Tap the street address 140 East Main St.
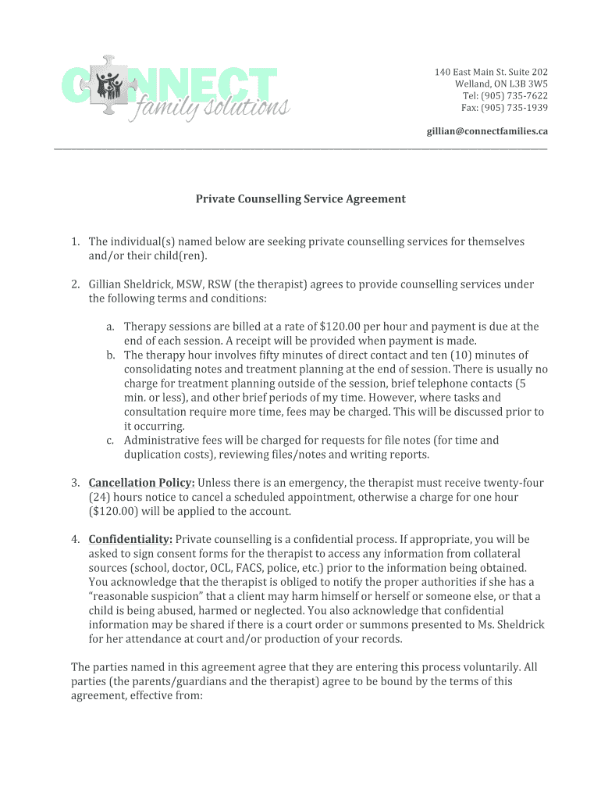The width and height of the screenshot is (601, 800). [468, 72]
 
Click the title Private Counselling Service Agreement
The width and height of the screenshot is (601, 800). [300, 199]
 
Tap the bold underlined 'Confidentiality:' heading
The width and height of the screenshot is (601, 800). [130, 539]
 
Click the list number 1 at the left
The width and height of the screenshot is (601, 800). [75, 242]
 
